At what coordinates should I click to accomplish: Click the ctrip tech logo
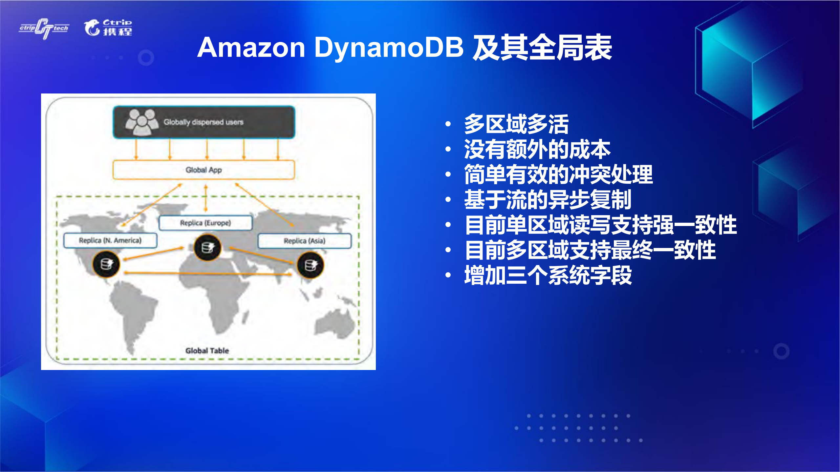tap(44, 29)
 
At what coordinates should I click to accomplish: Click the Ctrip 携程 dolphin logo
tap(108, 28)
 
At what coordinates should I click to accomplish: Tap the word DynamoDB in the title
tap(389, 48)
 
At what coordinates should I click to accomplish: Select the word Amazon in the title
tap(251, 48)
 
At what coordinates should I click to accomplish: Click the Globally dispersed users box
tap(204, 122)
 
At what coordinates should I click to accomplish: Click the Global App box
tap(204, 170)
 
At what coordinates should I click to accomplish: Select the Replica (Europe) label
tap(205, 223)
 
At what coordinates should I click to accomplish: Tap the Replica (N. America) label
tap(110, 240)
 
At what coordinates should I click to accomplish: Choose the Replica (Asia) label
tap(305, 241)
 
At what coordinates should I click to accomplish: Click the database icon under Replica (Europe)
tap(207, 248)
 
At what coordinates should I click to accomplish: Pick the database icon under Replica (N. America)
tap(106, 264)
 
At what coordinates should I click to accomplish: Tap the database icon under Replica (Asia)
tap(310, 265)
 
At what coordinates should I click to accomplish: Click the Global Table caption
tap(207, 351)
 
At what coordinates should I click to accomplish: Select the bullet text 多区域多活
tap(516, 124)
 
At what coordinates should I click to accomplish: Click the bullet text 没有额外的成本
tap(537, 150)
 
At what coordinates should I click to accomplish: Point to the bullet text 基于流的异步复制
tap(548, 200)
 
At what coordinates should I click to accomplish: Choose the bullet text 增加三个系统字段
tap(548, 276)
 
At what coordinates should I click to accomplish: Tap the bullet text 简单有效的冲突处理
tap(558, 174)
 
